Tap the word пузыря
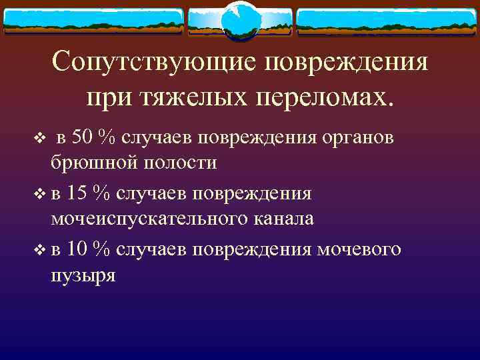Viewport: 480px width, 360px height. point(83,275)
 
